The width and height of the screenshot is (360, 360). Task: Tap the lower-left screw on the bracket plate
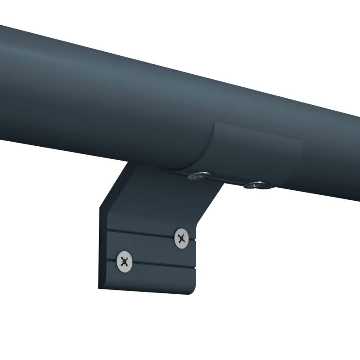click(125, 261)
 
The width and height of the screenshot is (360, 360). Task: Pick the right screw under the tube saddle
click(256, 184)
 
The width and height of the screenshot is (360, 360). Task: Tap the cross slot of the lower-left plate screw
click(125, 261)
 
